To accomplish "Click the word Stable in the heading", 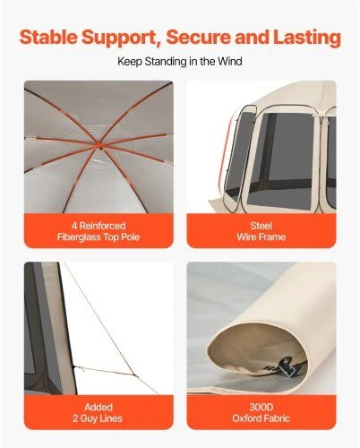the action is click(48, 37).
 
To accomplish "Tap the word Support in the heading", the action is click(121, 39).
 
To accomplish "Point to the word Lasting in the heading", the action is click(307, 39).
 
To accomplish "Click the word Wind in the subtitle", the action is click(229, 62).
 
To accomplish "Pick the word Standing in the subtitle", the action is click(166, 62).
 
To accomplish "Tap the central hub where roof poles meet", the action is click(99, 146).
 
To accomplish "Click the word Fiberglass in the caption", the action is click(79, 237).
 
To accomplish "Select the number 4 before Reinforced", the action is click(74, 226).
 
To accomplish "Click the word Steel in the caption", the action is click(261, 226).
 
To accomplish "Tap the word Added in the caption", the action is click(99, 407).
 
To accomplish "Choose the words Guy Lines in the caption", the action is click(101, 418).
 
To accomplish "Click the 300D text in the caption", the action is click(261, 407).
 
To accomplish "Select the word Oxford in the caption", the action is click(247, 418).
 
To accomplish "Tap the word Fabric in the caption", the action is click(277, 418).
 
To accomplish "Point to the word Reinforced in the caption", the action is click(102, 226).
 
